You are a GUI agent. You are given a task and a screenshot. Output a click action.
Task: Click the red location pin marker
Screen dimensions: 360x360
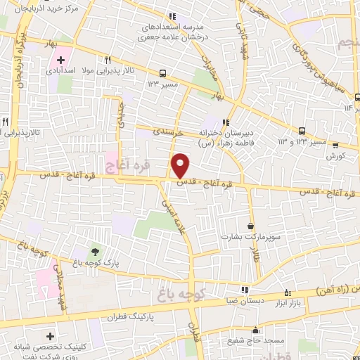(x=181, y=165)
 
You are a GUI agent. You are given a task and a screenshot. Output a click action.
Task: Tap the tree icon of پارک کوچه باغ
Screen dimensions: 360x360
(x=94, y=250)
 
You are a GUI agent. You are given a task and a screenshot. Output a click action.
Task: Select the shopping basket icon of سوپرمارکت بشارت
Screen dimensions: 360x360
(x=252, y=226)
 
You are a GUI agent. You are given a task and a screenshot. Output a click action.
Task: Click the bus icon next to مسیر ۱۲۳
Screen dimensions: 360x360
(x=163, y=72)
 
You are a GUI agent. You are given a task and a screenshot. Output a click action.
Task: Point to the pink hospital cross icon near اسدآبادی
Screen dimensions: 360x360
(x=60, y=60)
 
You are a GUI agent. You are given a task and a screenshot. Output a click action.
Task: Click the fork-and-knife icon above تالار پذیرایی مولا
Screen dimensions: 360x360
(x=108, y=60)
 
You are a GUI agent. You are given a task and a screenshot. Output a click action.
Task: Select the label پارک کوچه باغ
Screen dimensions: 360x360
(x=94, y=263)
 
